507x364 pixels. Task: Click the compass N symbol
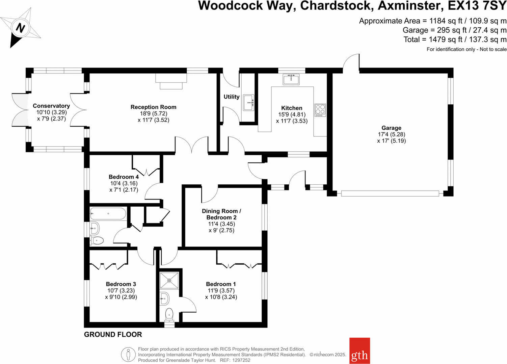click(x=20, y=28)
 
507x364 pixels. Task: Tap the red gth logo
click(x=359, y=350)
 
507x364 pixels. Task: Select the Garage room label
click(x=391, y=128)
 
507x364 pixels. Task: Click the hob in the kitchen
click(x=320, y=110)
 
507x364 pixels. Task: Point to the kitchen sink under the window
click(x=291, y=80)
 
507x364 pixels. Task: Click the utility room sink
click(x=249, y=102)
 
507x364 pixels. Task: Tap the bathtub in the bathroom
click(x=108, y=214)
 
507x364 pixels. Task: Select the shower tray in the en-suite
click(x=169, y=280)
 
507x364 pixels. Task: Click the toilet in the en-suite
click(x=169, y=315)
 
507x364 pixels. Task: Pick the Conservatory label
click(x=51, y=106)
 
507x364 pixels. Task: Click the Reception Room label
click(x=153, y=107)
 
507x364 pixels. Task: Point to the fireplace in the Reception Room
click(x=171, y=81)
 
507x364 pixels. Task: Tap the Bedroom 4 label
click(x=124, y=177)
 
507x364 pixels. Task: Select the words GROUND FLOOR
click(x=113, y=335)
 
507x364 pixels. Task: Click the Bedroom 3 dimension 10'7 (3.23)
click(x=121, y=291)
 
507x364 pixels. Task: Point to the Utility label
click(x=232, y=97)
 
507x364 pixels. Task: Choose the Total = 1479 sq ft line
click(x=455, y=40)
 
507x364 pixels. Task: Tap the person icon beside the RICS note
click(x=128, y=355)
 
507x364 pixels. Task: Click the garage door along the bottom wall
click(x=390, y=193)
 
